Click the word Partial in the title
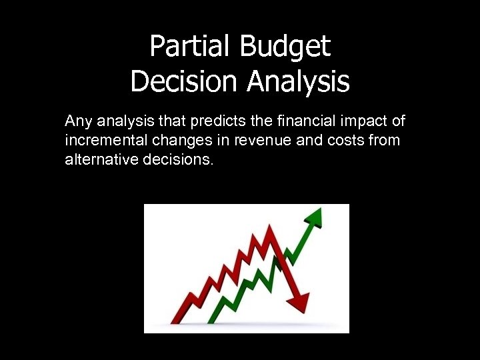(x=188, y=47)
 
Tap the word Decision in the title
(x=185, y=81)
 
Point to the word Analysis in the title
(x=297, y=81)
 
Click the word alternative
(x=99, y=161)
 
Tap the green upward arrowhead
(x=315, y=217)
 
